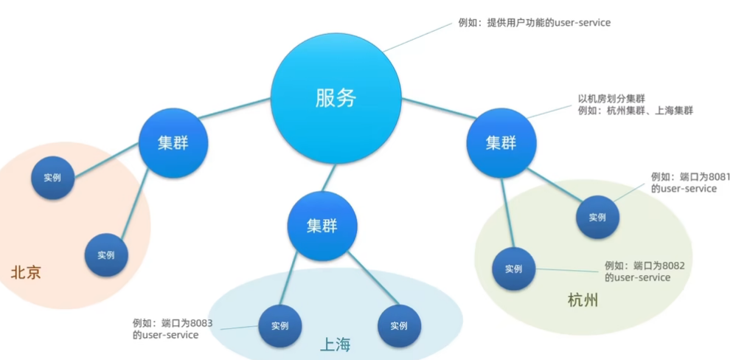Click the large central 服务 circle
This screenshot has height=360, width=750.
[x=336, y=98]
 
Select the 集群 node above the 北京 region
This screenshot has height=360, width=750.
[x=173, y=142]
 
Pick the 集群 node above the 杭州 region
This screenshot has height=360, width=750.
[x=501, y=142]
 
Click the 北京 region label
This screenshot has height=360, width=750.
[x=26, y=273]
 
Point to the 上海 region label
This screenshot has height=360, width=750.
[x=335, y=345]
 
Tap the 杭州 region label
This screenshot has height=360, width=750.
[x=583, y=300]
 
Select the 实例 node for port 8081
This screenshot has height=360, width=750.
[x=597, y=218]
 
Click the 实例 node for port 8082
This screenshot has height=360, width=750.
[x=514, y=269]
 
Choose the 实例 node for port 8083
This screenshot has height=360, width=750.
[x=279, y=326]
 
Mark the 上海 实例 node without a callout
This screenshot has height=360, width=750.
[x=399, y=326]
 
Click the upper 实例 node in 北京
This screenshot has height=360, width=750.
[x=52, y=178]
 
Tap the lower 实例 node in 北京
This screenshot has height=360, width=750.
[x=106, y=255]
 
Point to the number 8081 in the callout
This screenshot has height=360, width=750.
[x=704, y=177]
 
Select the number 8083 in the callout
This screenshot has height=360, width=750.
[x=201, y=323]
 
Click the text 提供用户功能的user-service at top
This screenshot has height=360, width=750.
[x=549, y=23]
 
